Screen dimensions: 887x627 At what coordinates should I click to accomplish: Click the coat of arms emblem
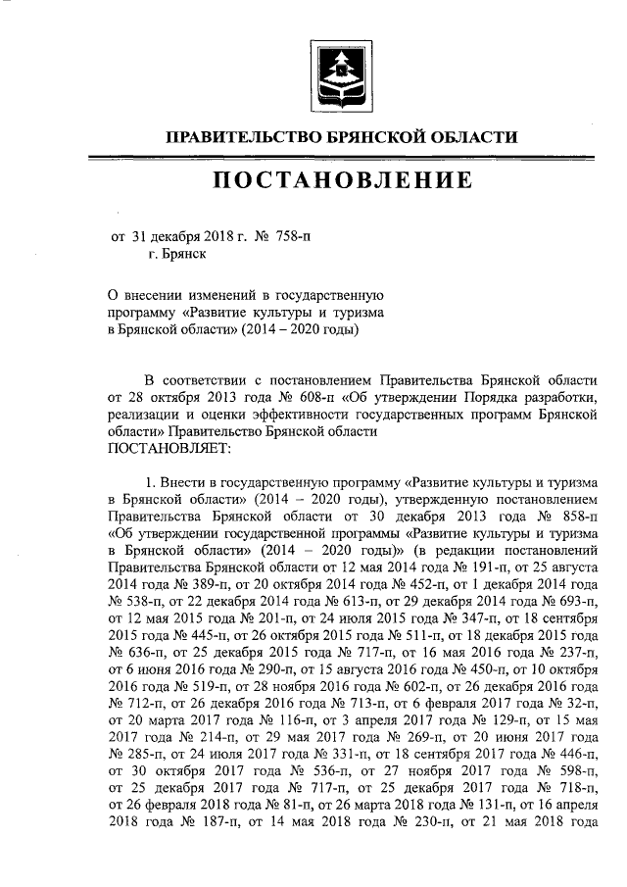click(x=341, y=72)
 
